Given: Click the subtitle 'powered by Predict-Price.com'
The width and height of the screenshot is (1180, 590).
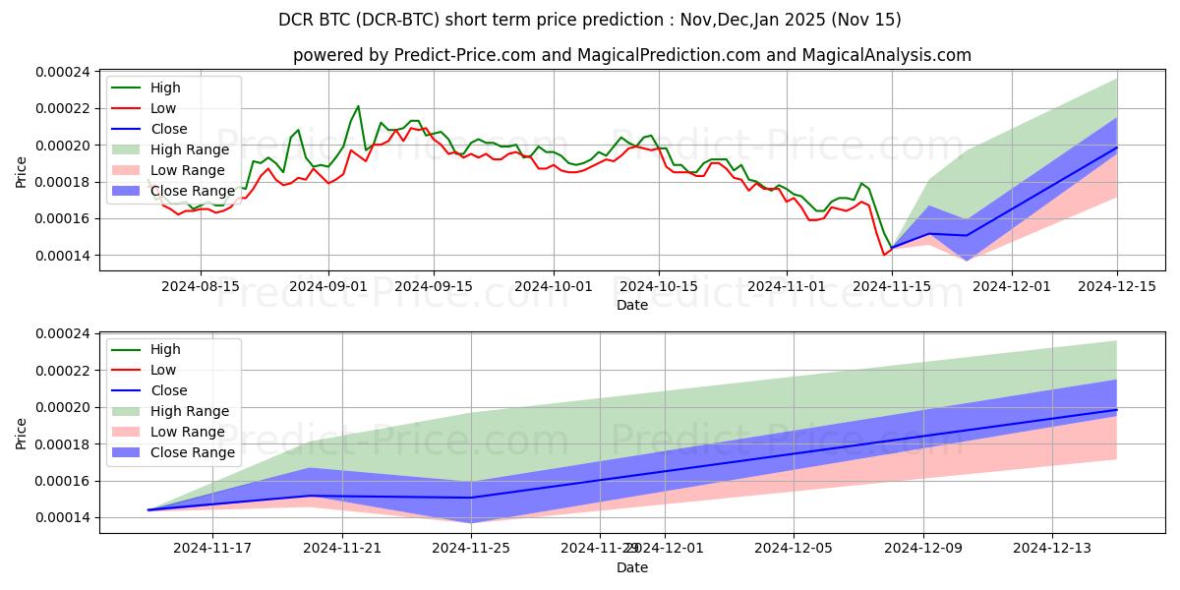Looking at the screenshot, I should pos(631,56).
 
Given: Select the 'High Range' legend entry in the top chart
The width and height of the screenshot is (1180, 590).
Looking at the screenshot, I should pos(190,149).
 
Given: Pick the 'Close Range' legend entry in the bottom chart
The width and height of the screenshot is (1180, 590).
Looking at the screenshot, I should pos(192,452).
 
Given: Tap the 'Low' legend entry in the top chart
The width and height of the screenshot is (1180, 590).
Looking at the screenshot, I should pos(164,108).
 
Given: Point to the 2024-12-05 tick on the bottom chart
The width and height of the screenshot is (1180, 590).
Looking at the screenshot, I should pos(794,548).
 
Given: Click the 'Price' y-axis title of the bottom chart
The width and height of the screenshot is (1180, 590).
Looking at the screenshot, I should pos(22,433).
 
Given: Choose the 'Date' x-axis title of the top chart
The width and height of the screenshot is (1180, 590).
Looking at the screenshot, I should pos(631,305).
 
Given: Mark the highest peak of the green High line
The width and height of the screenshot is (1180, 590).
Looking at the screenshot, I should pos(358,105).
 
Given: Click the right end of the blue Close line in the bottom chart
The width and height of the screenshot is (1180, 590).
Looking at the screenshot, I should pos(1116,409).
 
